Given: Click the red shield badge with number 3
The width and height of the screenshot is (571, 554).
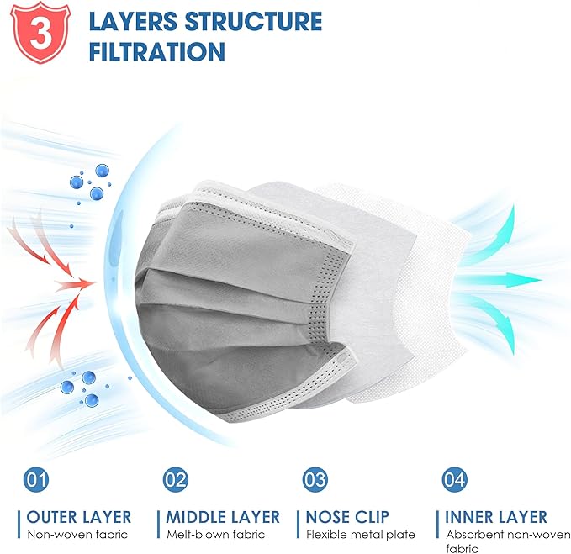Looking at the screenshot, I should click(36, 33).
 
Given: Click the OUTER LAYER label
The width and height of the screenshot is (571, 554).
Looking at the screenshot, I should click(79, 517).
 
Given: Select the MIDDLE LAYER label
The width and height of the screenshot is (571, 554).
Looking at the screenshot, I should click(223, 517).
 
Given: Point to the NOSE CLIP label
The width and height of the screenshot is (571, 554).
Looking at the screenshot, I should click(351, 517).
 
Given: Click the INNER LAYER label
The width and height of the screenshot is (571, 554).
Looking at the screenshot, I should click(496, 517).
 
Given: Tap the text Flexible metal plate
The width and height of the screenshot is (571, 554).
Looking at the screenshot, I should click(360, 534).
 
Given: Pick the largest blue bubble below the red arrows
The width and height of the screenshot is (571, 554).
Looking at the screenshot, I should click(71, 388).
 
